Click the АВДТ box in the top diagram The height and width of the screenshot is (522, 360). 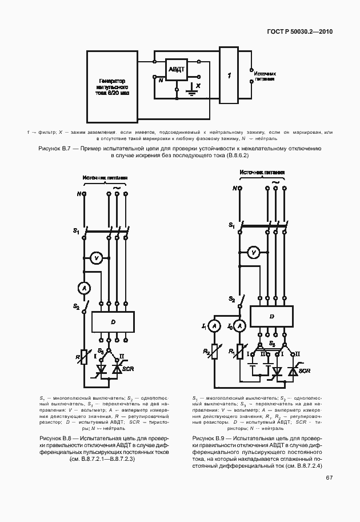coord(174,69)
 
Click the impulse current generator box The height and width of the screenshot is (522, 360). coord(112,90)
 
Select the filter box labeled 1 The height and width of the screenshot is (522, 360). coord(229,75)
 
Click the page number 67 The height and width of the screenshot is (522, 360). coord(329,479)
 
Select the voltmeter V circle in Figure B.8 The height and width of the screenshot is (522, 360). coord(97,259)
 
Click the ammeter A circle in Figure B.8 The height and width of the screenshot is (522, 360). coord(84,289)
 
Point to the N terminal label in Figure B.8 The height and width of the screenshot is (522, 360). coord(78,194)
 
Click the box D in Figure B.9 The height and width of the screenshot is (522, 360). coord(271,316)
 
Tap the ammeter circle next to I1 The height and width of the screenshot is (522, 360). coord(214,326)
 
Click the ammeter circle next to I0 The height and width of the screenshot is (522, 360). coord(241,326)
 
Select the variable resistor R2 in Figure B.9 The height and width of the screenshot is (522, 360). coord(215,350)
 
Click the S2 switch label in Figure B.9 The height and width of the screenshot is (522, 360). coord(232,299)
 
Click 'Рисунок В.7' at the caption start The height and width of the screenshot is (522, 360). coord(55,149)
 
